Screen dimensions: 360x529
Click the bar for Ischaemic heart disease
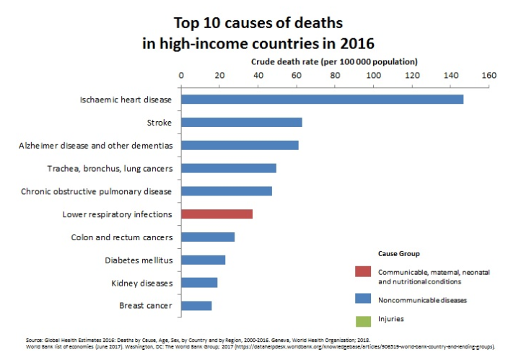[322, 99]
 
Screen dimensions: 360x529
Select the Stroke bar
[241, 122]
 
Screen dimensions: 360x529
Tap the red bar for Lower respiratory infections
[217, 214]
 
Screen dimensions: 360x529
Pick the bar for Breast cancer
[196, 306]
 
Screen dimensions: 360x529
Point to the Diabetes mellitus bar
[203, 260]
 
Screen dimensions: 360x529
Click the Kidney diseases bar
[199, 283]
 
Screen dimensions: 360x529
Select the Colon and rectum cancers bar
[208, 237]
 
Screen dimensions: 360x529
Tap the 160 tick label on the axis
[489, 75]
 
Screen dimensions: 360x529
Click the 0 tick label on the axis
[181, 75]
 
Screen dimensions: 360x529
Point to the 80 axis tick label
[335, 75]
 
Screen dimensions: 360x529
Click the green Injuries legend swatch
[363, 319]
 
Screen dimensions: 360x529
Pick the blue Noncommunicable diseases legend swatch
[363, 298]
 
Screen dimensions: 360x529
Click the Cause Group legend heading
[398, 254]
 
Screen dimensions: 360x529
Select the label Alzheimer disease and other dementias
[95, 145]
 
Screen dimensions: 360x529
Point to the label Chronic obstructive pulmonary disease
[96, 191]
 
